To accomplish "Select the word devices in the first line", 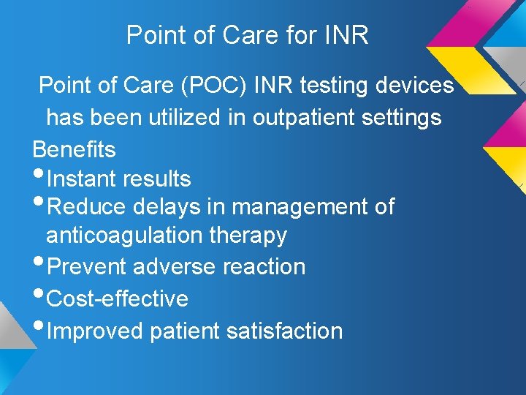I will [x=414, y=86].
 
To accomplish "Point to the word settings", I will [x=405, y=117].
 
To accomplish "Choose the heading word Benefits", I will [x=74, y=149].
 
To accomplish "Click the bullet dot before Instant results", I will [x=38, y=175].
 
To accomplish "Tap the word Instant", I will [x=82, y=178].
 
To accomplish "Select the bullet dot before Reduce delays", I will [x=38, y=203].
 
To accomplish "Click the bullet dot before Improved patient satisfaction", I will [x=38, y=327].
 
